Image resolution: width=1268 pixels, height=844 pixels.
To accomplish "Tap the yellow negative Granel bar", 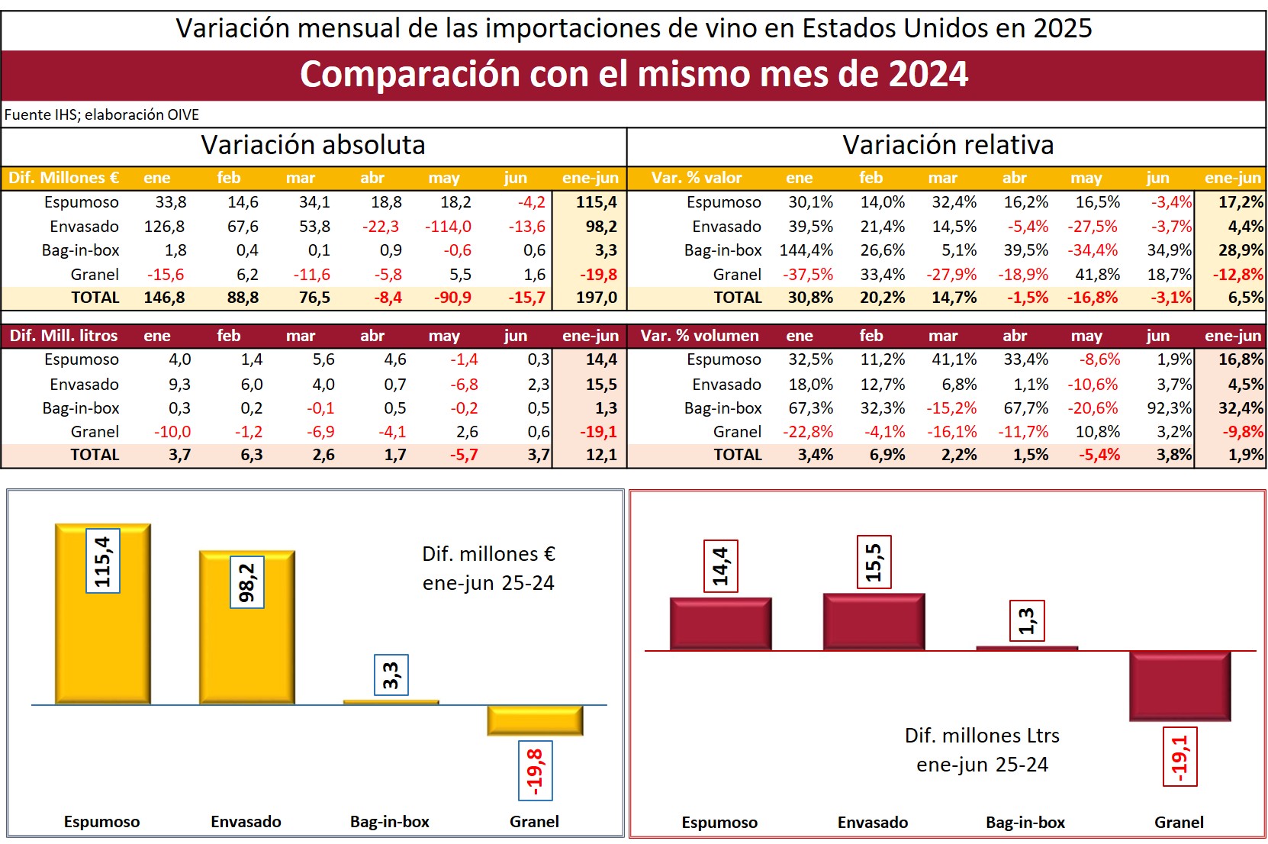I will (x=535, y=720).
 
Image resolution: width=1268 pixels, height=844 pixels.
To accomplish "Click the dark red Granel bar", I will (x=1179, y=685).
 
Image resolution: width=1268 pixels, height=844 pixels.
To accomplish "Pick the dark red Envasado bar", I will (x=874, y=622).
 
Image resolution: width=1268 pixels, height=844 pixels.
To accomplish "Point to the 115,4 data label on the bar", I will (x=103, y=561).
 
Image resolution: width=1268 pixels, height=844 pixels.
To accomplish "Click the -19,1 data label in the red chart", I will (x=1179, y=756).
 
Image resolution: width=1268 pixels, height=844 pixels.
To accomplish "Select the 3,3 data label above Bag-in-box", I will (x=391, y=675).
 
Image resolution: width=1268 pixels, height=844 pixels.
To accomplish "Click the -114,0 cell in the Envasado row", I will (x=448, y=227).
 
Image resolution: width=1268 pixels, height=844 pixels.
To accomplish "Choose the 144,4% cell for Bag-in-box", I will (x=806, y=250).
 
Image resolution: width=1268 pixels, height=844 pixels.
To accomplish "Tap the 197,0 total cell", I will (x=596, y=298).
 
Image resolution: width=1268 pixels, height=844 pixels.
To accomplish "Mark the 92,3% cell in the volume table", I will (x=1169, y=408).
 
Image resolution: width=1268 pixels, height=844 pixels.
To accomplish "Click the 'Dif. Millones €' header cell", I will (x=64, y=178).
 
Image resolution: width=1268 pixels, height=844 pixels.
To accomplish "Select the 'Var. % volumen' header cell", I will (x=700, y=336).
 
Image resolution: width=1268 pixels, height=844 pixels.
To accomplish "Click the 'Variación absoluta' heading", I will (x=313, y=145).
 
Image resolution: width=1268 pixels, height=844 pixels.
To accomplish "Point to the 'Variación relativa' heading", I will (x=948, y=145).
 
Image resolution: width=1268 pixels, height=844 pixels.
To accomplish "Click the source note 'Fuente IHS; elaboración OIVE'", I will (x=101, y=114).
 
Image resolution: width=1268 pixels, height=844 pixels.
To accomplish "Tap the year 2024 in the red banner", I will (x=928, y=75).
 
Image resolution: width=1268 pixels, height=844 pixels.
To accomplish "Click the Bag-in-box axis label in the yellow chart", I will (x=390, y=822).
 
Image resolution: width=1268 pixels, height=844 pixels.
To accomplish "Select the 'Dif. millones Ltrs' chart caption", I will (x=982, y=736).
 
